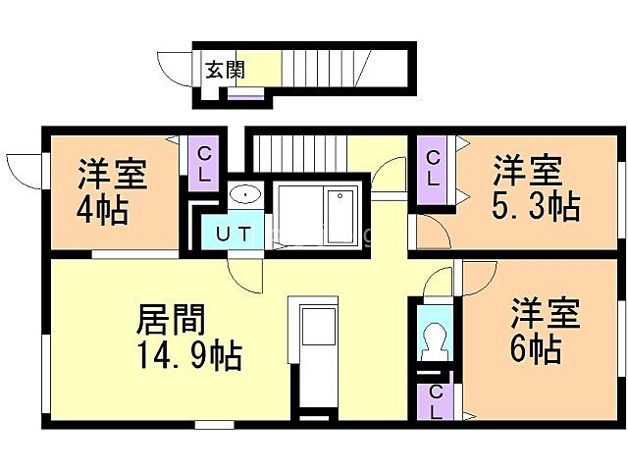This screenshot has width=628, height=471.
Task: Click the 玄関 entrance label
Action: pyautogui.click(x=225, y=70)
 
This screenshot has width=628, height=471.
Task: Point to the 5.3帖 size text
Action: pyautogui.click(x=534, y=207)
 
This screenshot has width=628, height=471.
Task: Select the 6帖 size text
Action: pyautogui.click(x=535, y=348)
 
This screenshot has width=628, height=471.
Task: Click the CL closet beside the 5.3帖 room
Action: pyautogui.click(x=433, y=169)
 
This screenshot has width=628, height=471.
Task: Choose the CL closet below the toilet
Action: pyautogui.click(x=434, y=401)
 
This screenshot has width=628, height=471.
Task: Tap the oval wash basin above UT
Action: pyautogui.click(x=244, y=194)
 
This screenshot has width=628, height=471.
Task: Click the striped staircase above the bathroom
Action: pyautogui.click(x=295, y=152)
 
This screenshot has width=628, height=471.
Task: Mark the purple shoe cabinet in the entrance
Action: pyautogui.click(x=245, y=94)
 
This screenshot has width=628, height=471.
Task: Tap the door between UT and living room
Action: pyautogui.click(x=245, y=275)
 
